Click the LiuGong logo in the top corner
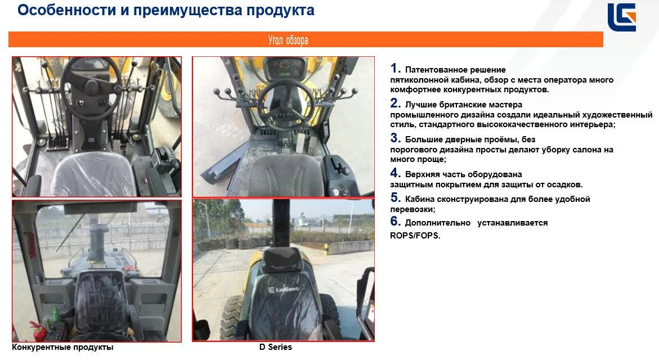(622, 17)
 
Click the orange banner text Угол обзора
(288, 40)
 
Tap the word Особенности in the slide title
(67, 10)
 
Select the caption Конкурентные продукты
(62, 348)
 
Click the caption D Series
(276, 347)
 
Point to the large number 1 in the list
(395, 68)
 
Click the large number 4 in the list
(395, 173)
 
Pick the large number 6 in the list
(395, 221)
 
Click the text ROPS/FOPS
(415, 236)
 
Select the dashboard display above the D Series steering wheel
(286, 66)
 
